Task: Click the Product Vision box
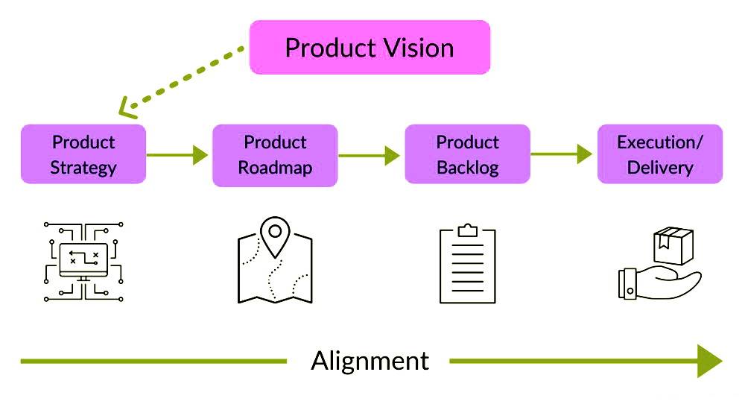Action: tap(370, 48)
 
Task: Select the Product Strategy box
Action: tap(83, 154)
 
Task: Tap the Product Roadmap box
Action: tap(275, 154)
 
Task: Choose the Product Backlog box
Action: tap(467, 154)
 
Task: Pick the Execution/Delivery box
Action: tap(660, 154)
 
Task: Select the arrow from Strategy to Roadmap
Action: tap(178, 155)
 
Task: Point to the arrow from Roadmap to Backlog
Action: tap(370, 155)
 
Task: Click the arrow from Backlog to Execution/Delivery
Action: tap(562, 154)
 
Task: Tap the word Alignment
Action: tap(370, 361)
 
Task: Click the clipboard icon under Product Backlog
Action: tap(467, 265)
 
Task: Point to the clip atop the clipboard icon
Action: tap(467, 230)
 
